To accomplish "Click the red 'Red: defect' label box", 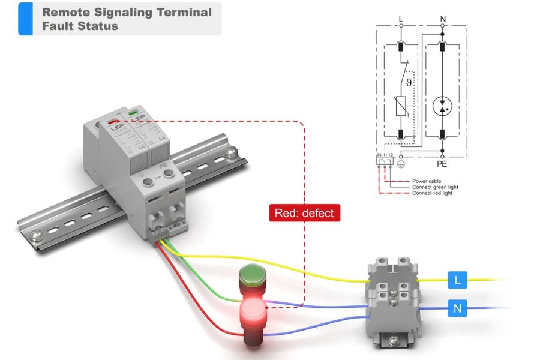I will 305,212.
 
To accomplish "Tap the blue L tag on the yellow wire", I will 457,279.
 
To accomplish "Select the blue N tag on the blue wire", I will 457,309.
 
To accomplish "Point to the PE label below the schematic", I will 443,163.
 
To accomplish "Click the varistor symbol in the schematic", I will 401,107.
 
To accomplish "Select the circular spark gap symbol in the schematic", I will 443,106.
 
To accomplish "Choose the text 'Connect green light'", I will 435,187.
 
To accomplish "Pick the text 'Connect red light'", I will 433,193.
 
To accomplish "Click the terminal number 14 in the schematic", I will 379,155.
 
